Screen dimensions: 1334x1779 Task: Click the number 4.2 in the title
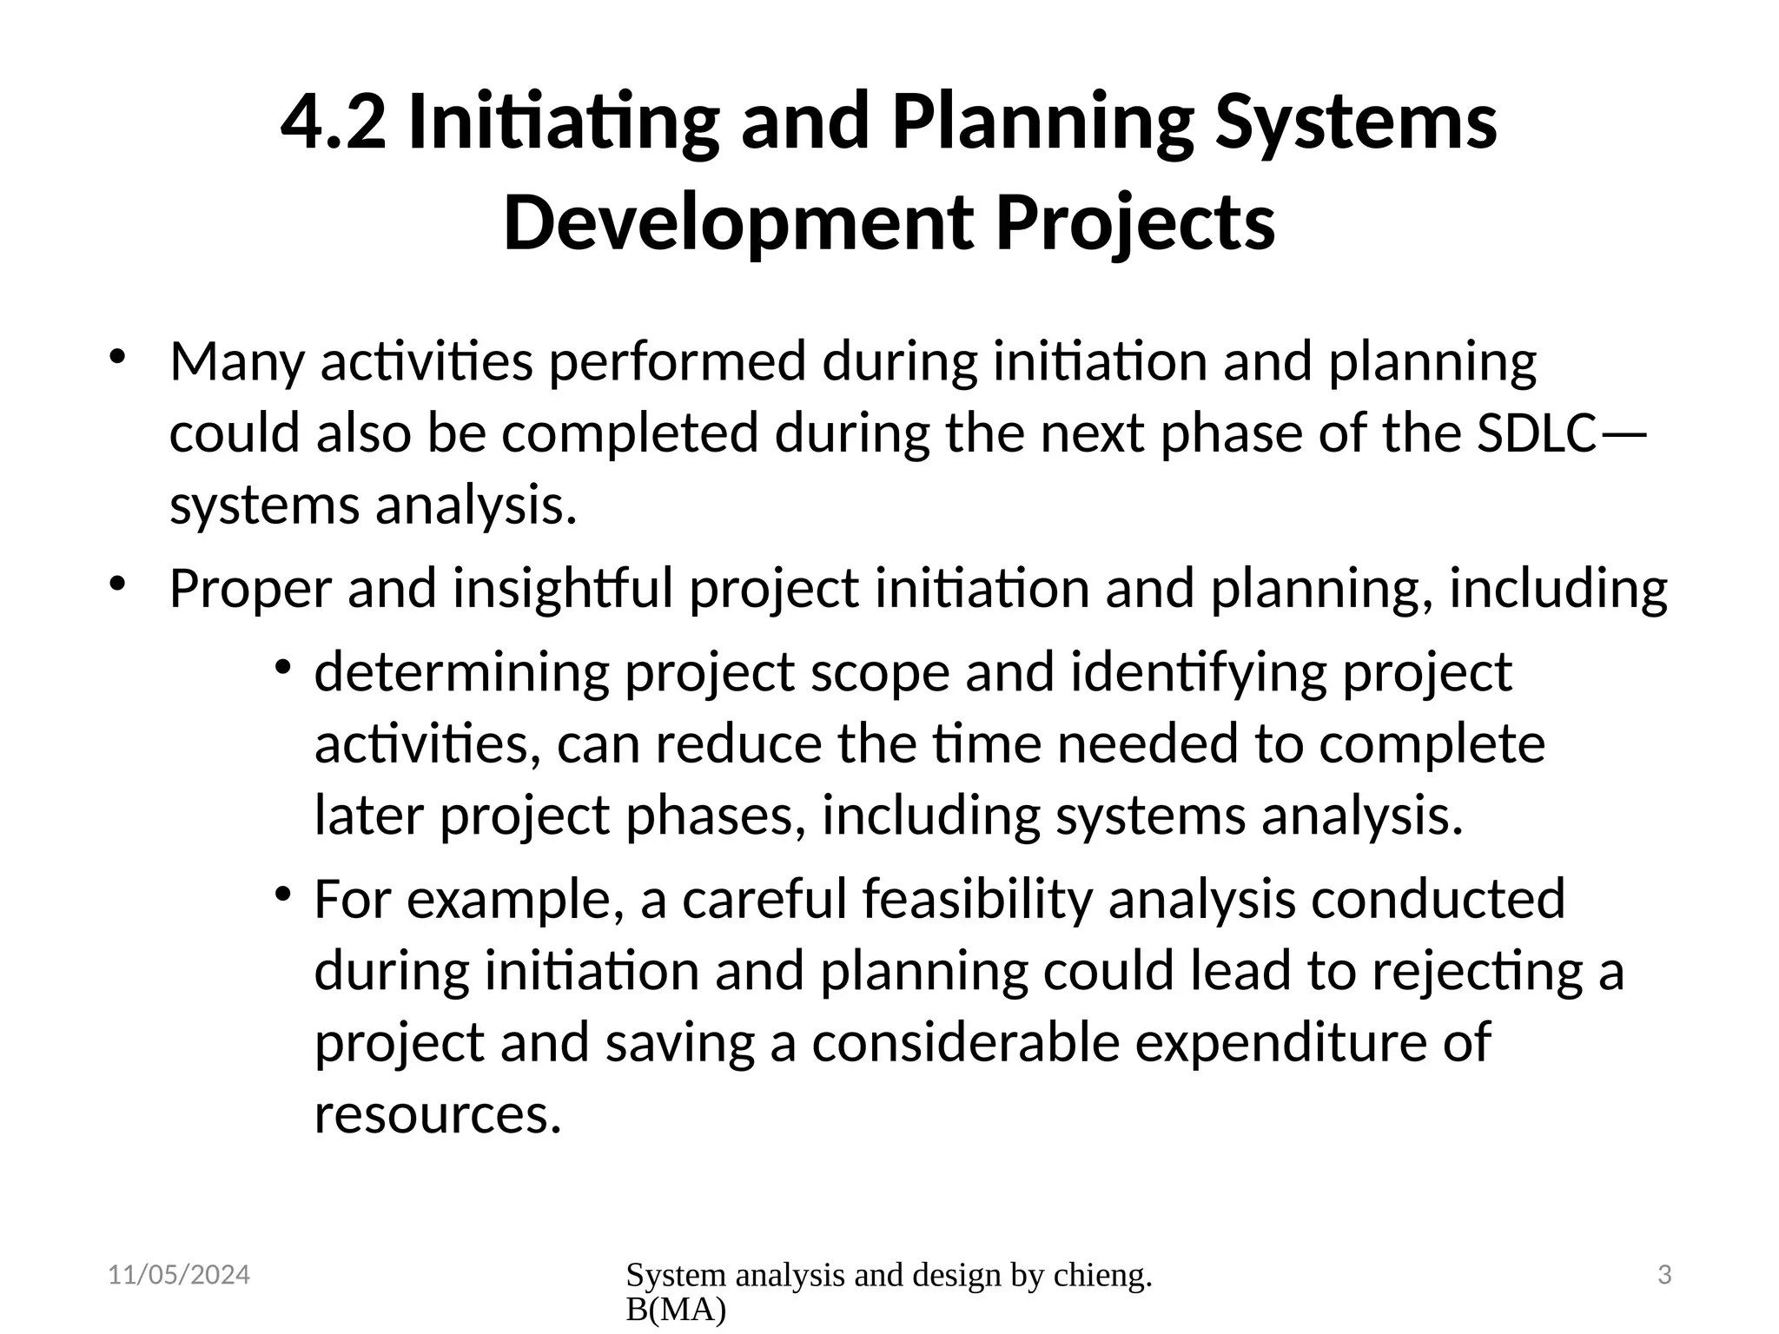coord(333,123)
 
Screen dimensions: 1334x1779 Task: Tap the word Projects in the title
coord(1134,223)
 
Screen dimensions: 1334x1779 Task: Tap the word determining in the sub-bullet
coord(461,672)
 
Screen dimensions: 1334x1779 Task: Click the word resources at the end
coord(437,1114)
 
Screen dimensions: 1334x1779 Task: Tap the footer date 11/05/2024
coord(179,1275)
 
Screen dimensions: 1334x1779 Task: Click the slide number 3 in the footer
coord(1664,1275)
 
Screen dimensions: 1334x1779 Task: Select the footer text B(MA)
coord(675,1311)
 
